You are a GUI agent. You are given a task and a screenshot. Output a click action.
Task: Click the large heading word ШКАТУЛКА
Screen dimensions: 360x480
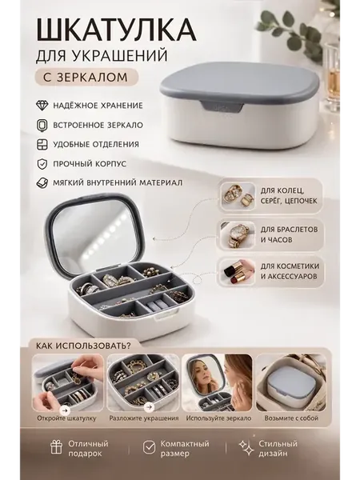coord(116,30)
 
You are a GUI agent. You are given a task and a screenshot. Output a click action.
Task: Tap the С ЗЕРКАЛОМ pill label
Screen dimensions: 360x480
coord(86,77)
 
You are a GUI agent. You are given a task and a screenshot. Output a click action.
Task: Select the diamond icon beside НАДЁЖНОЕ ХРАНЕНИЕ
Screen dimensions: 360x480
coord(42,106)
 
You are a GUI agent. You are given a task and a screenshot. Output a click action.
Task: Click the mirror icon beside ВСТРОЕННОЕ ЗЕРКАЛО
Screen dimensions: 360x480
coord(42,125)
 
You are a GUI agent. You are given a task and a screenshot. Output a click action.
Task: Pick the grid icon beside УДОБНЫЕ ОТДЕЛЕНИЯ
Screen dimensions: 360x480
coord(42,145)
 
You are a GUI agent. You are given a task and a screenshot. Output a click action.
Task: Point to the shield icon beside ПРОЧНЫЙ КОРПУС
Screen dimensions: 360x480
coord(42,164)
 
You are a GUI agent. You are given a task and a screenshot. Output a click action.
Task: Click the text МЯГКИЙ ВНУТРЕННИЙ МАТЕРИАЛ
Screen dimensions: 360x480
coord(118,182)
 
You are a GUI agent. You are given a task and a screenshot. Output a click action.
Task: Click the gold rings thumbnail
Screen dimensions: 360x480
coord(238,196)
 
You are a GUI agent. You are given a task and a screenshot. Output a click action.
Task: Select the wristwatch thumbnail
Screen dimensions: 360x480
coord(238,234)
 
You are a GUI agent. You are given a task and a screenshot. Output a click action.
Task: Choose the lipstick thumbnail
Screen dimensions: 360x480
coord(238,271)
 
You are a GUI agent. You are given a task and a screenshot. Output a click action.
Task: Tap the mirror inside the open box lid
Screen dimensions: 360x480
coord(94,233)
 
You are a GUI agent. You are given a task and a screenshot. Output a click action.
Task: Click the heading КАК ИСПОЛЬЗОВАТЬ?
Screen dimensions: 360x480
coord(83,346)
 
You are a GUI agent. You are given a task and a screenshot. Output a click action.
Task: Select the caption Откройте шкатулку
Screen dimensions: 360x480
coord(66,418)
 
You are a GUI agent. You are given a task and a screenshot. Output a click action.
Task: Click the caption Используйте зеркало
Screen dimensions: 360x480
coord(218,418)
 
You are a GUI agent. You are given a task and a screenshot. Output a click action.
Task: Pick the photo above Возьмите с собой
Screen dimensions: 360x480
coord(291,382)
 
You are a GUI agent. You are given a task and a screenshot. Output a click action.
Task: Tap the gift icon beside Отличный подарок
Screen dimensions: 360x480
coord(56,448)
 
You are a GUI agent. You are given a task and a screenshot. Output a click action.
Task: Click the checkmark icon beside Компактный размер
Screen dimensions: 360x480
coord(149,448)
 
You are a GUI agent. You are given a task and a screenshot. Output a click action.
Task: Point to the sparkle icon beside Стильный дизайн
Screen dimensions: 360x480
coord(246,448)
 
